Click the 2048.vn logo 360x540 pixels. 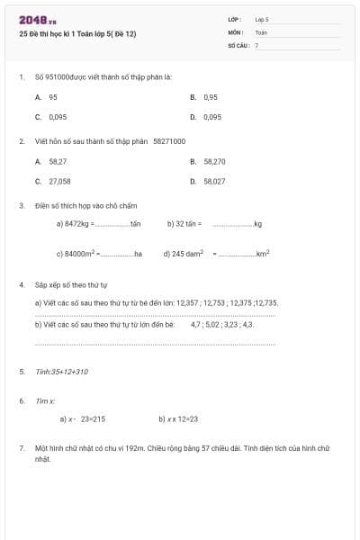pyautogui.click(x=38, y=20)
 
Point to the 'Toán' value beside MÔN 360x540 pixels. pyautogui.click(x=261, y=31)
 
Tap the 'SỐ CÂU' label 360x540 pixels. pyautogui.click(x=238, y=44)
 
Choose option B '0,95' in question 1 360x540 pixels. pyautogui.click(x=211, y=96)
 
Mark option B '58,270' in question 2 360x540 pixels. pyautogui.click(x=214, y=161)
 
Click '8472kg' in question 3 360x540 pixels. pyautogui.click(x=75, y=223)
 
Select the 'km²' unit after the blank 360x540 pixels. pyautogui.click(x=263, y=254)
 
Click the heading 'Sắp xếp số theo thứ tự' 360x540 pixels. pyautogui.click(x=71, y=284)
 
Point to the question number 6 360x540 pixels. pyautogui.click(x=22, y=400)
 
